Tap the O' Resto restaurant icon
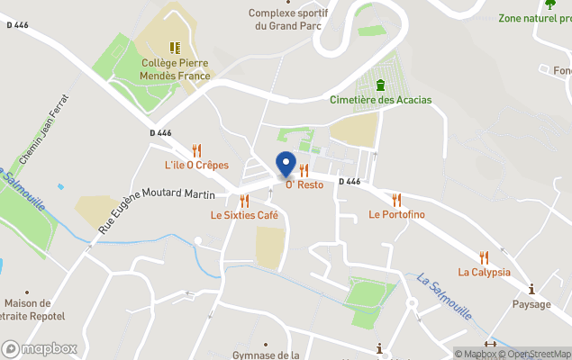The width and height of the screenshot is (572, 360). pyautogui.click(x=304, y=170)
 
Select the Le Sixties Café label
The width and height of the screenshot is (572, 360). pyautogui.click(x=244, y=215)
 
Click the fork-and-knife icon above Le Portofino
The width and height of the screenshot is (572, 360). pyautogui.click(x=396, y=200)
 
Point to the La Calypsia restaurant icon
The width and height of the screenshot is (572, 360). pyautogui.click(x=484, y=257)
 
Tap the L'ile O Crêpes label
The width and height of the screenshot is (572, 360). pyautogui.click(x=195, y=166)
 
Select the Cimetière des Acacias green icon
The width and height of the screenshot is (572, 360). pyautogui.click(x=380, y=85)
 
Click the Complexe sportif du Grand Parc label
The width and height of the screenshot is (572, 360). pyautogui.click(x=289, y=19)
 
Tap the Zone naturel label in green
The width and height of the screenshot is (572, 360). pyautogui.click(x=535, y=18)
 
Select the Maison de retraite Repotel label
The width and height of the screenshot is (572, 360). pyautogui.click(x=27, y=310)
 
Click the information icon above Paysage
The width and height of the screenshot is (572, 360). pyautogui.click(x=531, y=289)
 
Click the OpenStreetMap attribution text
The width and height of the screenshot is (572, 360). pyautogui.click(x=540, y=354)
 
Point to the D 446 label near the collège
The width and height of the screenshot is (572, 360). pyautogui.click(x=160, y=133)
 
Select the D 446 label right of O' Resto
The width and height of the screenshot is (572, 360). pyautogui.click(x=350, y=181)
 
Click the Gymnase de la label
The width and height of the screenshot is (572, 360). pyautogui.click(x=266, y=355)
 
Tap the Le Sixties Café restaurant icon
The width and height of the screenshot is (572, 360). pyautogui.click(x=244, y=201)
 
